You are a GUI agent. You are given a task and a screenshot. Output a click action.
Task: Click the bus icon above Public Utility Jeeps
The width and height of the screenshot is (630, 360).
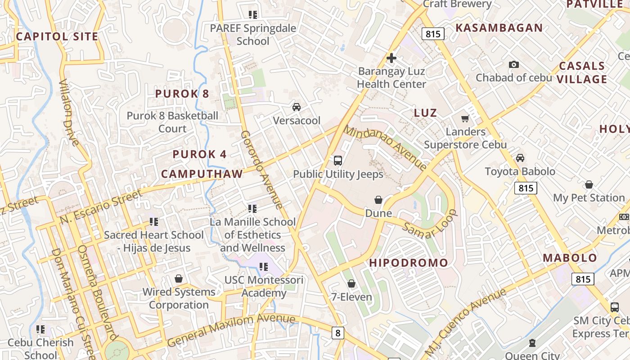337,160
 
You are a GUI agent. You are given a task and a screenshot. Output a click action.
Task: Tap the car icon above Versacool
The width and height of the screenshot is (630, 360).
297,107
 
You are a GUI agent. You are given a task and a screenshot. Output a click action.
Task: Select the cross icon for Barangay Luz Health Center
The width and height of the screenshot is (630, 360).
391,58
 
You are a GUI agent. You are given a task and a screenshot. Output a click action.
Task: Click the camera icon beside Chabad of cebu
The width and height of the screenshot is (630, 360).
513,64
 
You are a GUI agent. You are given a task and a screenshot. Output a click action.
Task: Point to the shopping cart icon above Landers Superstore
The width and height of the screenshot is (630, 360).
465,118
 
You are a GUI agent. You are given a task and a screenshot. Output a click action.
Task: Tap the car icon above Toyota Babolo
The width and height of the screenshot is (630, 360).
520,158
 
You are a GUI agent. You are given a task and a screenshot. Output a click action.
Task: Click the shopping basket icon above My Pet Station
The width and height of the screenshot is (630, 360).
589,184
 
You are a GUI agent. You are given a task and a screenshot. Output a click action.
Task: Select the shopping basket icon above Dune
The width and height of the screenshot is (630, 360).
378,200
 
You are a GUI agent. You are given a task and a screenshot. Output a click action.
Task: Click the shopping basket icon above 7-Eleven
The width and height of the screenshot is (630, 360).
351,283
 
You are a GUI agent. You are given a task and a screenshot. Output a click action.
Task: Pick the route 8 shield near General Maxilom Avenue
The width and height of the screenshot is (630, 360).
338,333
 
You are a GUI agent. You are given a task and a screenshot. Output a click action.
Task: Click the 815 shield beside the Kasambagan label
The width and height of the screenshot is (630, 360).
433,34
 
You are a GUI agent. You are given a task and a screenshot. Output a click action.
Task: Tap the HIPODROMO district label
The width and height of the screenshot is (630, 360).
409,263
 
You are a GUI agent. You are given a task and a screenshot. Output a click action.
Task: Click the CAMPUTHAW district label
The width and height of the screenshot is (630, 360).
202,174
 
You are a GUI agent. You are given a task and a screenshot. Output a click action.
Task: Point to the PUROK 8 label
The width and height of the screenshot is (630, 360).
182,94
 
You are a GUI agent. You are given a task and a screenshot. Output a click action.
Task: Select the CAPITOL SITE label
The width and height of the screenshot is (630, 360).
57,36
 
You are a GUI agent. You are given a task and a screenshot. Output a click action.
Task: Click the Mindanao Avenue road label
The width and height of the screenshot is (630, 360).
386,148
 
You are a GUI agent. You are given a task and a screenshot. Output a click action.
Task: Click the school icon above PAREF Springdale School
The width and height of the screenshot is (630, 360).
253,15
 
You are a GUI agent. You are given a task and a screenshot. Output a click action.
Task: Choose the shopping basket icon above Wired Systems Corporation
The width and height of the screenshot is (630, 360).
179,279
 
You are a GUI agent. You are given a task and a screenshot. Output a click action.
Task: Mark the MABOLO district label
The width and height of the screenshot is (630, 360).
570,258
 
